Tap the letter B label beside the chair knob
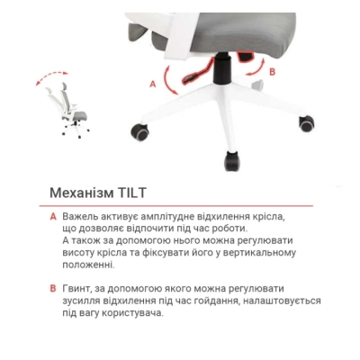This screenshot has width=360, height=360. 272,69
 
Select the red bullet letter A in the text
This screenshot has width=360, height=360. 53,217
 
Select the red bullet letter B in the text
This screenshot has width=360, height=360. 53,288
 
